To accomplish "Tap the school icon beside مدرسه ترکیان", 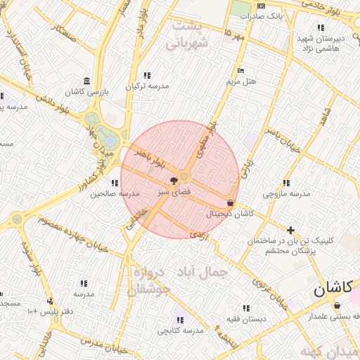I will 147,75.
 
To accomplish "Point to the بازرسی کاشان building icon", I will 86,81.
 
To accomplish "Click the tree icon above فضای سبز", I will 173,181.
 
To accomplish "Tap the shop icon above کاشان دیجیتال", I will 231,203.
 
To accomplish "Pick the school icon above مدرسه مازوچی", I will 285,183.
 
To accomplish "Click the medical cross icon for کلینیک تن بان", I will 290,229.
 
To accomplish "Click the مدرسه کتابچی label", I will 179,330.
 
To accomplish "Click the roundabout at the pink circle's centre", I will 185,176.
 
